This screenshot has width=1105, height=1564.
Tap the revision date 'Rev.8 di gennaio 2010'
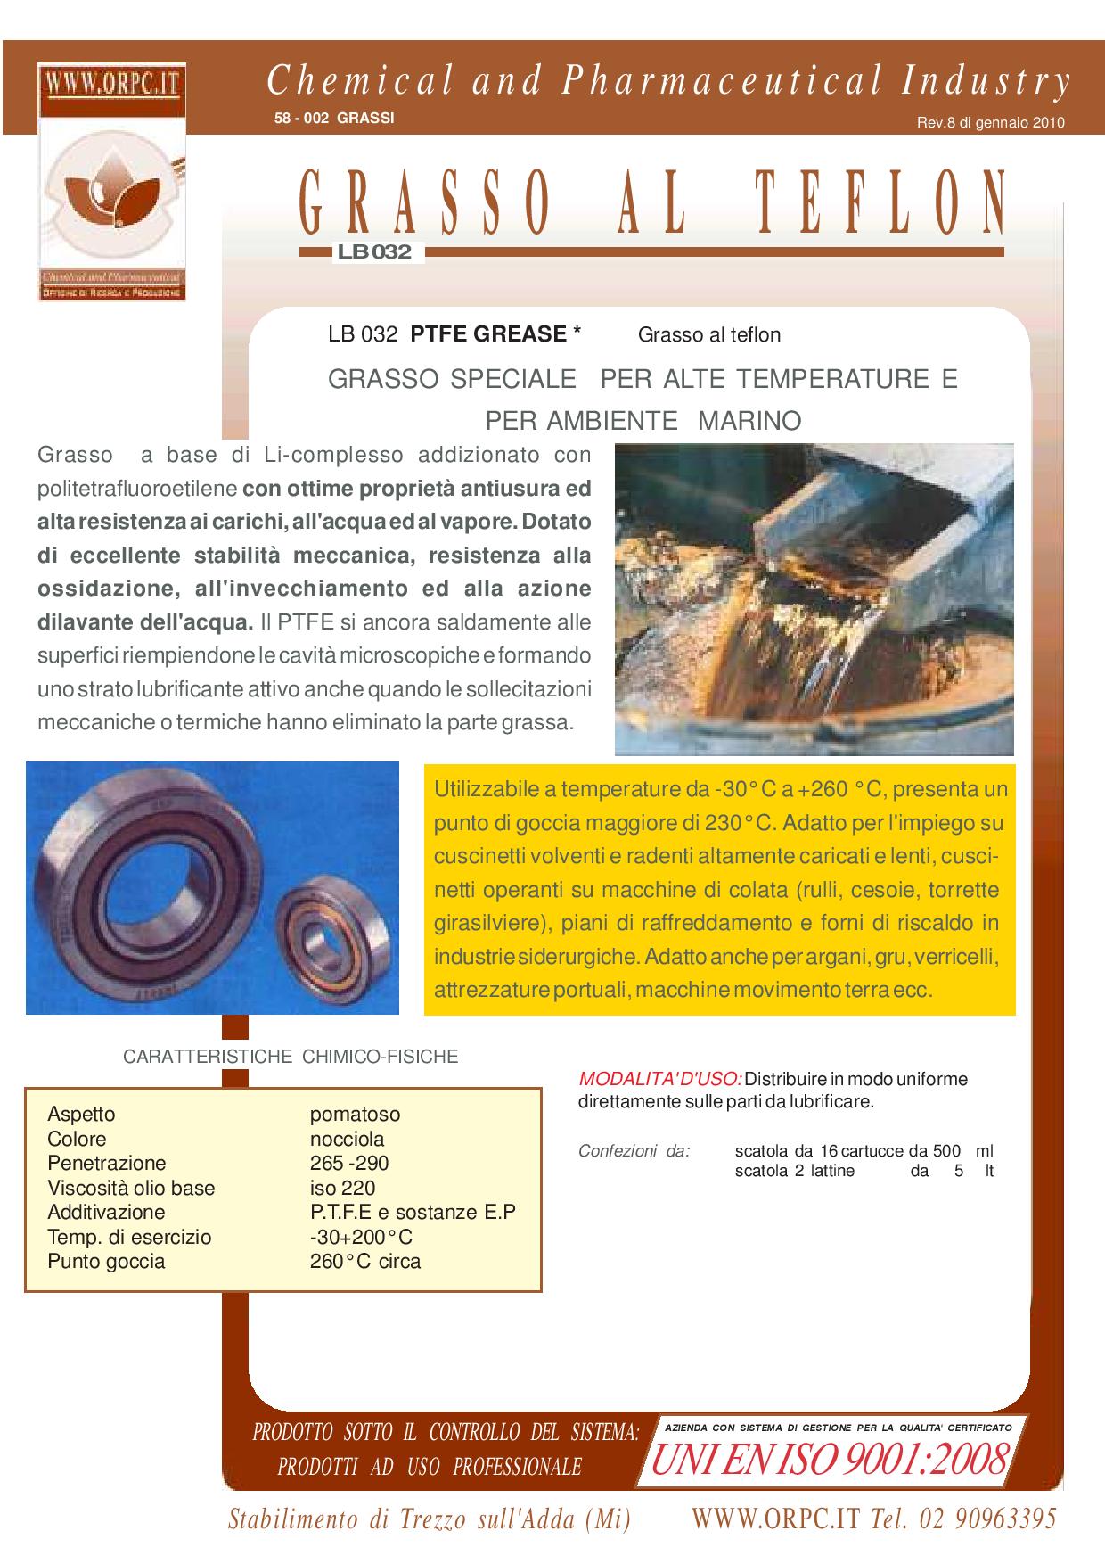[x=990, y=124]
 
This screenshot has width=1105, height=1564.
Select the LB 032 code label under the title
[x=374, y=252]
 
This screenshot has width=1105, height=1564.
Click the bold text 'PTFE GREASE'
[x=488, y=334]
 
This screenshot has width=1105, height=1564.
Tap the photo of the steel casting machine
[x=814, y=598]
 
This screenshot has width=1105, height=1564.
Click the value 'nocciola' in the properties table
[x=347, y=1139]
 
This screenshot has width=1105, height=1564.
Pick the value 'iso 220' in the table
[x=342, y=1188]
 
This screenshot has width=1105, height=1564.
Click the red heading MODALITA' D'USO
[x=660, y=1079]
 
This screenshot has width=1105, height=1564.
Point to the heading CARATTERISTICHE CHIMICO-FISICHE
[x=291, y=1057]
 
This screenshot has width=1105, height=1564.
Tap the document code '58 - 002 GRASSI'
[x=334, y=118]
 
